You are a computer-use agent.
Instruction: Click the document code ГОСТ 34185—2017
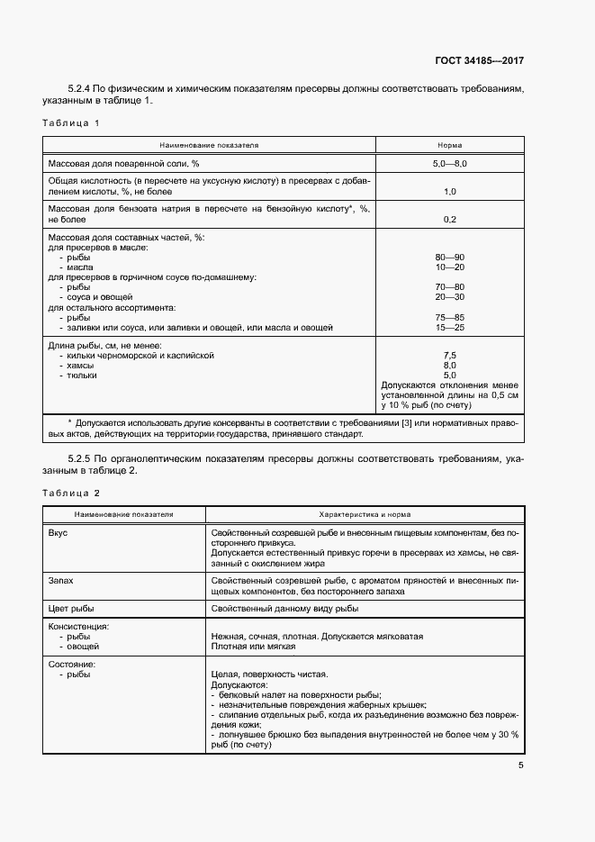477,61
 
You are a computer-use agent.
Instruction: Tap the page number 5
521,765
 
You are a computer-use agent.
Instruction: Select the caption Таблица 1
71,122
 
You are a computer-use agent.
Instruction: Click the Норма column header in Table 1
449,144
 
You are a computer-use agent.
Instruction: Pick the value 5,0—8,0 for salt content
449,163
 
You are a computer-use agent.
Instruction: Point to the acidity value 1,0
449,192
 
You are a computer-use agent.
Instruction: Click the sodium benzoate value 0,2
449,219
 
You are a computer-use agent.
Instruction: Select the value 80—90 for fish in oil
449,258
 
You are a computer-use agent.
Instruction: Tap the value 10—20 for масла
449,267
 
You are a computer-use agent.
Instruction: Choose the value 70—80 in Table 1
449,287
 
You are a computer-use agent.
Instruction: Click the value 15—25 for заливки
449,327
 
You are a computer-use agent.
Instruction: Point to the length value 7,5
449,356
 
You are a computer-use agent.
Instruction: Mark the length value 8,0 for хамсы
449,366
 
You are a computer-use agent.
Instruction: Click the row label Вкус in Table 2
58,533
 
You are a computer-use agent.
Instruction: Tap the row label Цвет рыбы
70,609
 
